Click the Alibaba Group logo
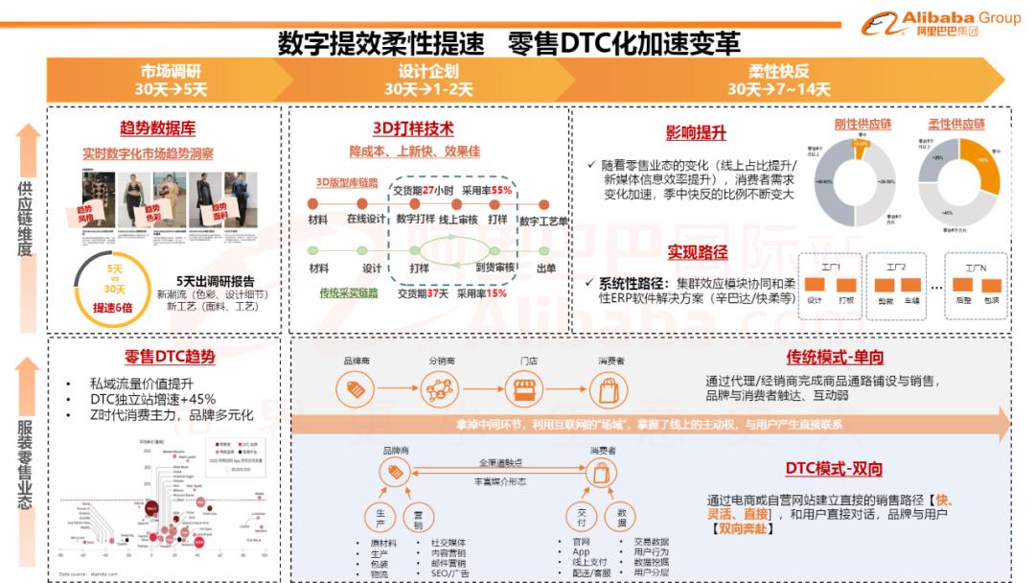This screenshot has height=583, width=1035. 944,22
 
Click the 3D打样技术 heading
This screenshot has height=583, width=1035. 413,128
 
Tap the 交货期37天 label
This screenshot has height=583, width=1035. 423,293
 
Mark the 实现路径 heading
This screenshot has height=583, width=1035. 698,252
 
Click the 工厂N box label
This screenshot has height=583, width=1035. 977,265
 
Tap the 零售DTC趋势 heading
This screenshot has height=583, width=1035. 169,358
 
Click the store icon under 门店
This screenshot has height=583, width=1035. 524,389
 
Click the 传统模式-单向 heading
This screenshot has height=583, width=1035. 835,357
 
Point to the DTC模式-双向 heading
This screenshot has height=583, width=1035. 835,469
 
